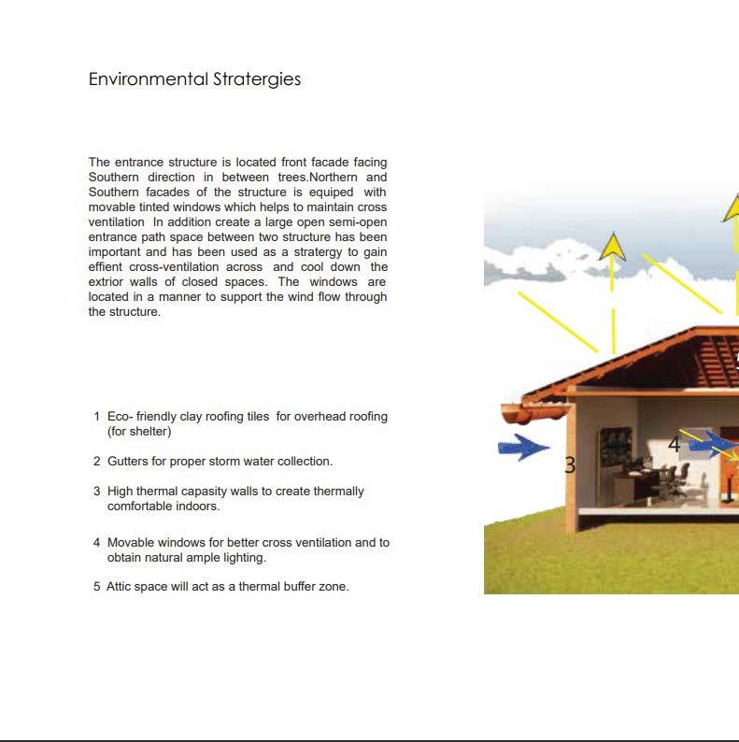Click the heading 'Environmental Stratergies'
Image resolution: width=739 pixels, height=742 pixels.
coord(194,79)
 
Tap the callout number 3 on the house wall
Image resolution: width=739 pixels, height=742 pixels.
coord(570,464)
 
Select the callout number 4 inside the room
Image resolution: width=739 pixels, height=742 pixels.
coord(674,446)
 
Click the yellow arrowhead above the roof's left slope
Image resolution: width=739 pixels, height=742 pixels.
coord(612,246)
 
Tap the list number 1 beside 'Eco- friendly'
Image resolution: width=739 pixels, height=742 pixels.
coord(97,417)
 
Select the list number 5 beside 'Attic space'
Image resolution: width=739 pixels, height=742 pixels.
coord(97,587)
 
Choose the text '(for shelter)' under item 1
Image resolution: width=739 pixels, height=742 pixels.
coord(139,432)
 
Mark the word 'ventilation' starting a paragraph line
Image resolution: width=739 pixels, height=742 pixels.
coord(117,222)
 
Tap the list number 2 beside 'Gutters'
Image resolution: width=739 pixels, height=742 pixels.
coord(97,462)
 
